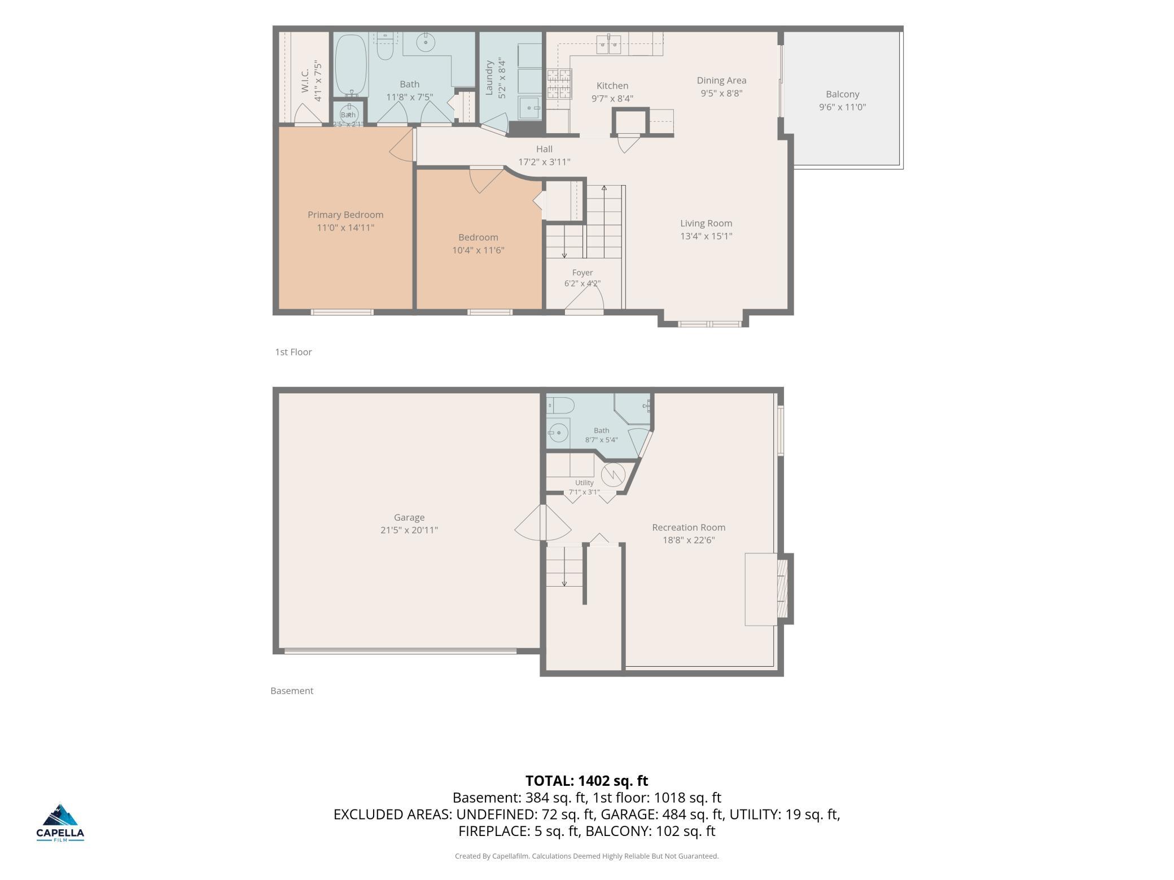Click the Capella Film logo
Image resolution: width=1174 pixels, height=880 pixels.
point(60,822)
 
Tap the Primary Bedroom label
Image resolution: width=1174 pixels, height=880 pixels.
point(345,215)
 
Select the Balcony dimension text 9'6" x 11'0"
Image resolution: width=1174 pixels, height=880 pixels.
point(842,107)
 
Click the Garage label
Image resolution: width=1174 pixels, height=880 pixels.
point(409,517)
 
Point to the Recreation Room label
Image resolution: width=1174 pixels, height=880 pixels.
point(689,527)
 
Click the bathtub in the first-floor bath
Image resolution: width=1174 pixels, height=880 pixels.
point(351,65)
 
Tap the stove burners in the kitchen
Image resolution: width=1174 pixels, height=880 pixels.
point(559,84)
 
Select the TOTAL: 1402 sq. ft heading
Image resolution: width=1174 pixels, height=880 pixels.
point(587,781)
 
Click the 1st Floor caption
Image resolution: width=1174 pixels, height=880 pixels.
point(293,352)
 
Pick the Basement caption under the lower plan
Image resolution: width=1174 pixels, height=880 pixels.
point(292,690)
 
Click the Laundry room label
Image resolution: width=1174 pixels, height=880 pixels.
point(489,78)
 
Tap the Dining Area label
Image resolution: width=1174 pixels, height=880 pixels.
point(721,81)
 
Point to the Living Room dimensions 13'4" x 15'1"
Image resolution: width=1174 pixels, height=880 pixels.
point(706,236)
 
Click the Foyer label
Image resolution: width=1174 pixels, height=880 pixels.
point(582,272)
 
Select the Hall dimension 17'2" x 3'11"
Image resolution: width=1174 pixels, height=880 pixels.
point(544,162)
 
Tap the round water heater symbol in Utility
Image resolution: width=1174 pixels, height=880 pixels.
point(612,474)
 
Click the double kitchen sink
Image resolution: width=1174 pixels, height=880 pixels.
point(608,45)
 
